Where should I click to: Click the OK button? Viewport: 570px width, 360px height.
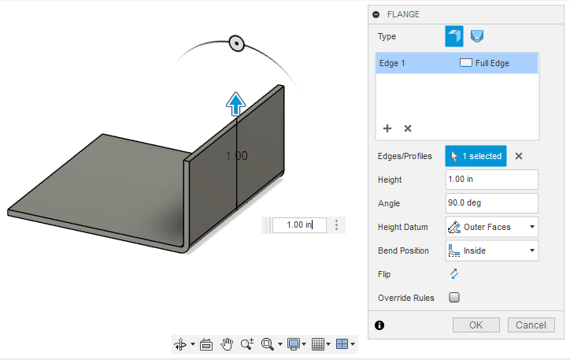tap(476, 325)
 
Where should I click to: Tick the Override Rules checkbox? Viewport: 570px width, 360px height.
tap(453, 298)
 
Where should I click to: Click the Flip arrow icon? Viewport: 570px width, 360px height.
tap(453, 274)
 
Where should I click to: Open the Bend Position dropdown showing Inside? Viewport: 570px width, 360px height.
tap(491, 251)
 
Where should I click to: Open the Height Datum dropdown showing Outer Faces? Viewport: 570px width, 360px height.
tap(491, 227)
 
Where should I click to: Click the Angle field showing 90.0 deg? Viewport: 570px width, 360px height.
tap(491, 203)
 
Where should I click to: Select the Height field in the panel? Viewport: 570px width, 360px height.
tap(491, 180)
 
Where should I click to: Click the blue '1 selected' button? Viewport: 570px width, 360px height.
tap(476, 156)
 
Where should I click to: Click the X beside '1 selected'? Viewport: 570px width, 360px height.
tap(519, 156)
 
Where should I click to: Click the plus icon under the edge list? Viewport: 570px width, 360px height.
tap(387, 128)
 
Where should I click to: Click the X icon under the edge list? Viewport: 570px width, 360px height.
tap(408, 128)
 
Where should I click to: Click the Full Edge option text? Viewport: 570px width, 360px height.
tap(492, 63)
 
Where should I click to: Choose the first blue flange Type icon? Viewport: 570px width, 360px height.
tap(454, 36)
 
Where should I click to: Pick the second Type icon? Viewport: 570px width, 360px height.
tap(476, 36)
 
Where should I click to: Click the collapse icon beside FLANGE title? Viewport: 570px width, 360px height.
tap(376, 14)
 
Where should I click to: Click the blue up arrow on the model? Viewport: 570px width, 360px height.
tap(235, 102)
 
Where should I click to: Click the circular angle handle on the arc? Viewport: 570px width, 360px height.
tap(235, 43)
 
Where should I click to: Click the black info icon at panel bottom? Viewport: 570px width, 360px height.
tap(379, 325)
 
